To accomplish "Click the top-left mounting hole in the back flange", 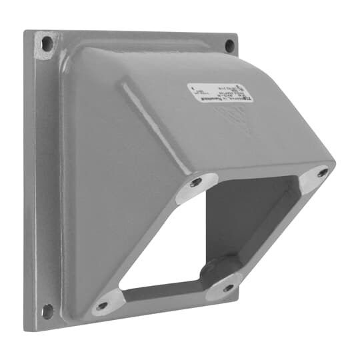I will pos(47,44).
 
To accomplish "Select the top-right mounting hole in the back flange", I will pos(229,45).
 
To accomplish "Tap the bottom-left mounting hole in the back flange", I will pos(47,310).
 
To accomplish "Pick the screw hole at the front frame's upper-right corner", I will pos(323,173).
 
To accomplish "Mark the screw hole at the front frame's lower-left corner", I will pos(102,306).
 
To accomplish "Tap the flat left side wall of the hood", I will pos(100,200).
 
